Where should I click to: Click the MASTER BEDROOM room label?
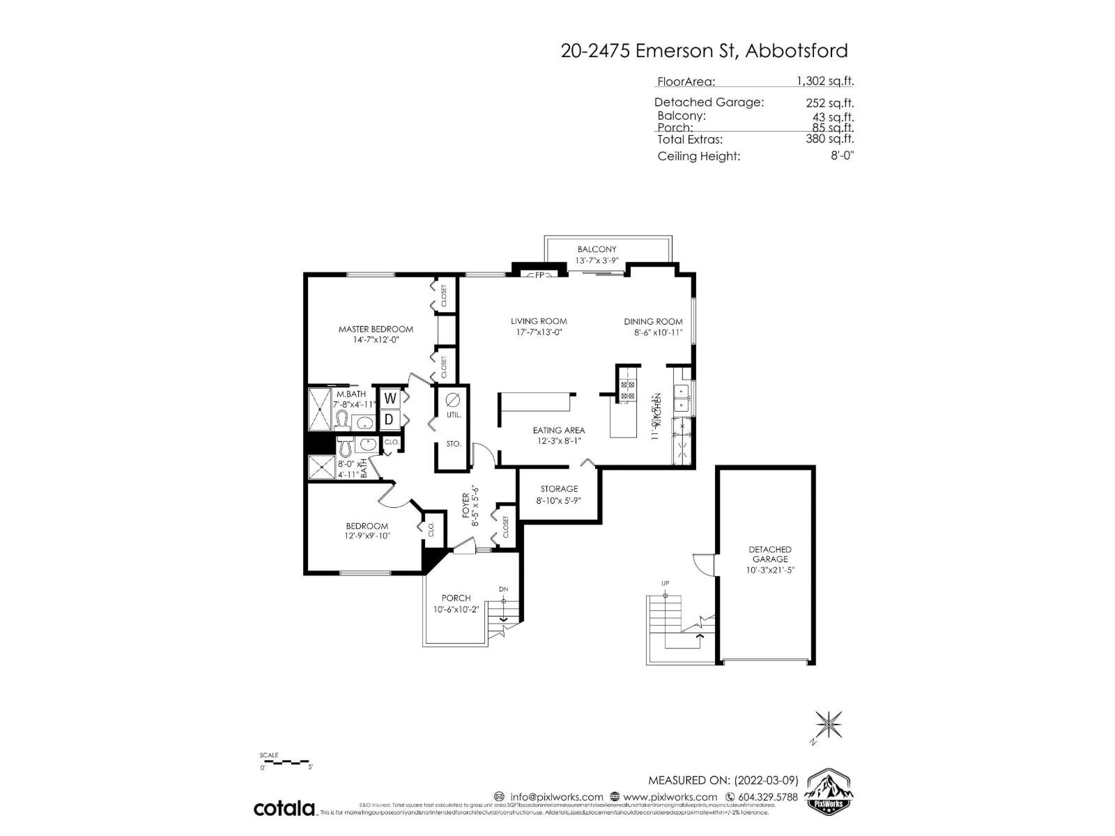[376, 329]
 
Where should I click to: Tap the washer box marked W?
[390, 398]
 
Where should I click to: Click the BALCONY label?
[597, 249]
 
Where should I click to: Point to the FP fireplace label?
[539, 274]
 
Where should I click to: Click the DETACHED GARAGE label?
[770, 554]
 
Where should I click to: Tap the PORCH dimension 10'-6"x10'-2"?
[456, 609]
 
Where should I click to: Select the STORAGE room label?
[559, 489]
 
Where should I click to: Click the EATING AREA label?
[559, 430]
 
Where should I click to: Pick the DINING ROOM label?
[653, 321]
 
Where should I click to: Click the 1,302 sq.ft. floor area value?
[825, 81]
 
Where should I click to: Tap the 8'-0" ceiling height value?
[841, 155]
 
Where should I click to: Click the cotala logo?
[284, 808]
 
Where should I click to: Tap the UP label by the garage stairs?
[665, 583]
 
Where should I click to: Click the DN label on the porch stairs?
[503, 589]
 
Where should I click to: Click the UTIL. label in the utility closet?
[454, 415]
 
